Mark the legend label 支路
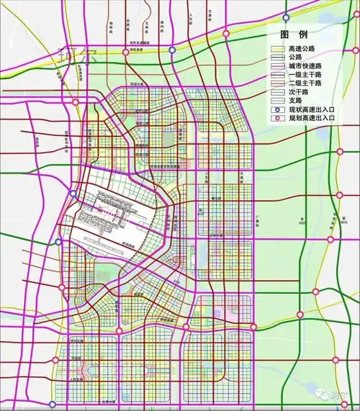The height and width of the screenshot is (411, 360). click(294, 100)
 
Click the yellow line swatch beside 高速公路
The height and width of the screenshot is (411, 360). click(277, 48)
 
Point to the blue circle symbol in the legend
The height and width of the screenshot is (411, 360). click(277, 109)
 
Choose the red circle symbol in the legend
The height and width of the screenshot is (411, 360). click(277, 117)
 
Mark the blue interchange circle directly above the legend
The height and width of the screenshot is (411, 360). click(286, 17)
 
